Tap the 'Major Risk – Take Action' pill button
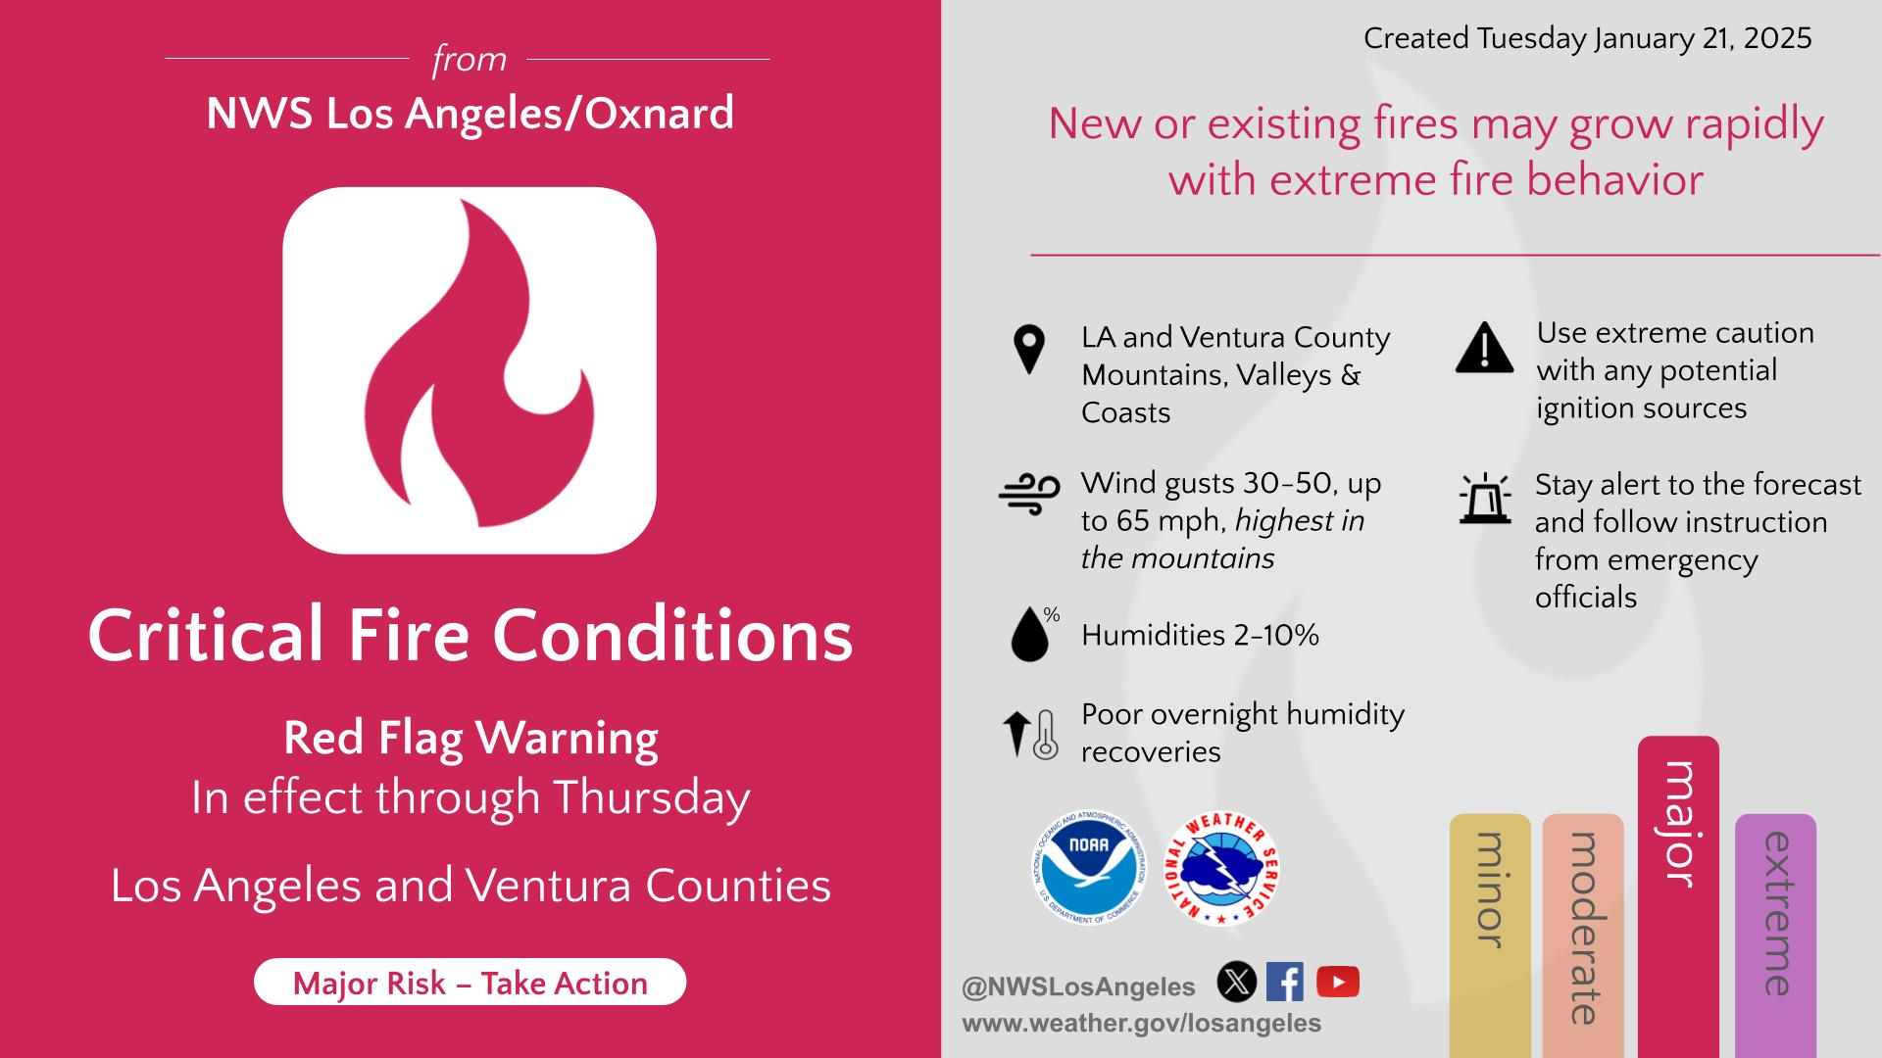click(x=470, y=983)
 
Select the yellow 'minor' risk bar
click(x=1490, y=936)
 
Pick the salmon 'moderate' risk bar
click(x=1583, y=936)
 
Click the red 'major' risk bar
click(x=1678, y=896)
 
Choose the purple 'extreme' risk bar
click(x=1775, y=936)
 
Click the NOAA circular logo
click(x=1088, y=869)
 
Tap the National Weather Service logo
click(x=1221, y=869)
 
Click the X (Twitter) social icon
click(x=1237, y=982)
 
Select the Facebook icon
click(x=1285, y=982)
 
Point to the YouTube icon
click(x=1338, y=982)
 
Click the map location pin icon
click(x=1029, y=350)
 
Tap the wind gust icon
click(x=1029, y=495)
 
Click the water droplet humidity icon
click(x=1032, y=635)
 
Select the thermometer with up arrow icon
click(x=1030, y=735)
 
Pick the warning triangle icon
click(x=1485, y=349)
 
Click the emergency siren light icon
click(x=1485, y=499)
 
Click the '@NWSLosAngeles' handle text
click(x=1078, y=986)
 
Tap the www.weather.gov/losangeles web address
click(x=1142, y=1024)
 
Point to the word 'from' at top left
click(x=470, y=60)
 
